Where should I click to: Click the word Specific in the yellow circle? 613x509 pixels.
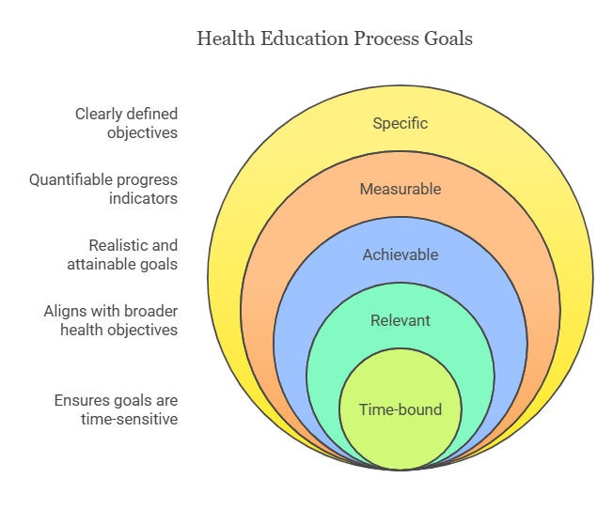pyautogui.click(x=400, y=123)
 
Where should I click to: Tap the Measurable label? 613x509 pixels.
pyautogui.click(x=401, y=189)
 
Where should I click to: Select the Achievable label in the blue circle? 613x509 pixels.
pyautogui.click(x=401, y=254)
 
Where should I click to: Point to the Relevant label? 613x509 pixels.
pyautogui.click(x=400, y=320)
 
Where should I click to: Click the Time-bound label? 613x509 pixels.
pyautogui.click(x=401, y=409)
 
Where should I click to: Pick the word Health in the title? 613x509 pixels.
pyautogui.click(x=226, y=39)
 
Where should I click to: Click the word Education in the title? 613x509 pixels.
pyautogui.click(x=305, y=39)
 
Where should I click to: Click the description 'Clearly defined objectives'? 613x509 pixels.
pyautogui.click(x=126, y=123)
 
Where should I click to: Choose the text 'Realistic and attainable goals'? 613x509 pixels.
pyautogui.click(x=122, y=254)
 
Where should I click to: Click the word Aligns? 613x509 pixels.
pyautogui.click(x=61, y=312)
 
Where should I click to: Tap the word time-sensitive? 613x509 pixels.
pyautogui.click(x=130, y=419)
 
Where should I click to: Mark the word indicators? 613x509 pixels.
pyautogui.click(x=143, y=198)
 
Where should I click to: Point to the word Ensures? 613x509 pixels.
pyautogui.click(x=82, y=400)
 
